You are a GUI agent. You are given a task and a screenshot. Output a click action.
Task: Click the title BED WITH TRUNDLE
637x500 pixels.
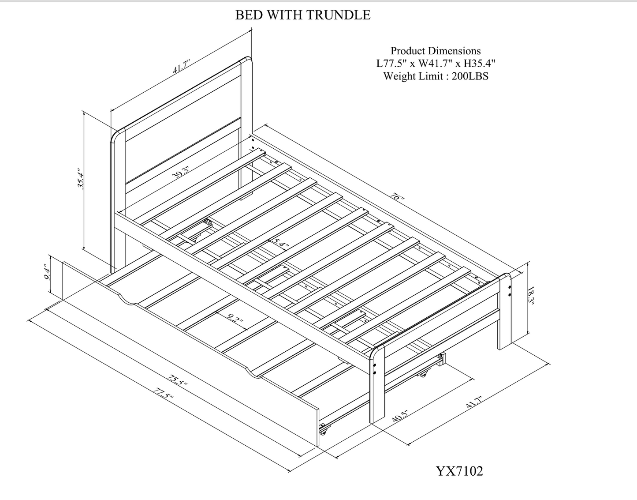tap(302, 15)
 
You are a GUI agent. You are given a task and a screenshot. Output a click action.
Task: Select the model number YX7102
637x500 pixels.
tap(459, 471)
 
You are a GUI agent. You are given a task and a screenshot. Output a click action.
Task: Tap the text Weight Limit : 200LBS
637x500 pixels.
tap(436, 76)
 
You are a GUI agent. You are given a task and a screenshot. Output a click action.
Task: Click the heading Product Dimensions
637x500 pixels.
tap(436, 51)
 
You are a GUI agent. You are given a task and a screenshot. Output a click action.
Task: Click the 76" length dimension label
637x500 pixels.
tap(397, 196)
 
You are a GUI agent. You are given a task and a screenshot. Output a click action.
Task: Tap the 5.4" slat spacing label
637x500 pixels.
tap(279, 243)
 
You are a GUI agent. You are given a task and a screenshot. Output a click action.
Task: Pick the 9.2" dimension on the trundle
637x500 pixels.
tap(236, 319)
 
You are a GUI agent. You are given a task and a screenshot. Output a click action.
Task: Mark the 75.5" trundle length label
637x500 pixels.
tap(178, 380)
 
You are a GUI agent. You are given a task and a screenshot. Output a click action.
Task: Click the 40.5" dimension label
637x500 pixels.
tap(400, 417)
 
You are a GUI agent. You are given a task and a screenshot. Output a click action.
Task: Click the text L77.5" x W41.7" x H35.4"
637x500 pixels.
tap(436, 63)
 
